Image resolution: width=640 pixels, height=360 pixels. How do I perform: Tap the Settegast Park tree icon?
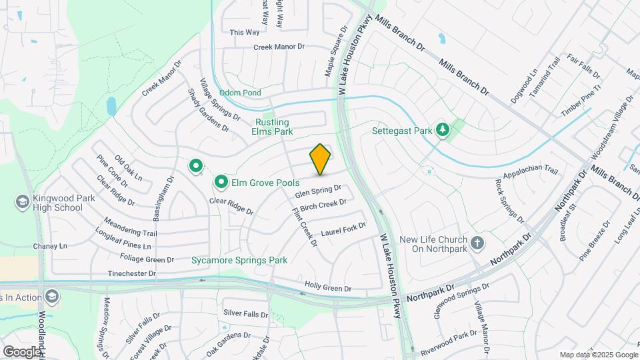441,130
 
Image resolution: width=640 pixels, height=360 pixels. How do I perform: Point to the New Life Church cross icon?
477,244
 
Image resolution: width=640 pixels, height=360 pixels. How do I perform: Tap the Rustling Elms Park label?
272,127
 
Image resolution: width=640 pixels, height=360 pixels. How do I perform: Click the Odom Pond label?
241,93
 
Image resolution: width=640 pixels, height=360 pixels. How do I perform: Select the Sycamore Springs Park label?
239,260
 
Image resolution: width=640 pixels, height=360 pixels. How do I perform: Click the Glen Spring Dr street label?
318,191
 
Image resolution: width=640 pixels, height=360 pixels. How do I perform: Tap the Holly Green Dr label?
327,287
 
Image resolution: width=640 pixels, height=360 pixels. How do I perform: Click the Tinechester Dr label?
131,273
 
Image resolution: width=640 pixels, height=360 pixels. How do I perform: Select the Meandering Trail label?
131,227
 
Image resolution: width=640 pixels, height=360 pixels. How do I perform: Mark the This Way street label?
244,32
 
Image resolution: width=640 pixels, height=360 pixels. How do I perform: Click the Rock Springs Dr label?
511,200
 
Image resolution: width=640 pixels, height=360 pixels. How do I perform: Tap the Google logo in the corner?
21,351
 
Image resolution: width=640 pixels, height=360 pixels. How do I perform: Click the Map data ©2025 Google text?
597,355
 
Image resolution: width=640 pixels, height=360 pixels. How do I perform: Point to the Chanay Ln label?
50,246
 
